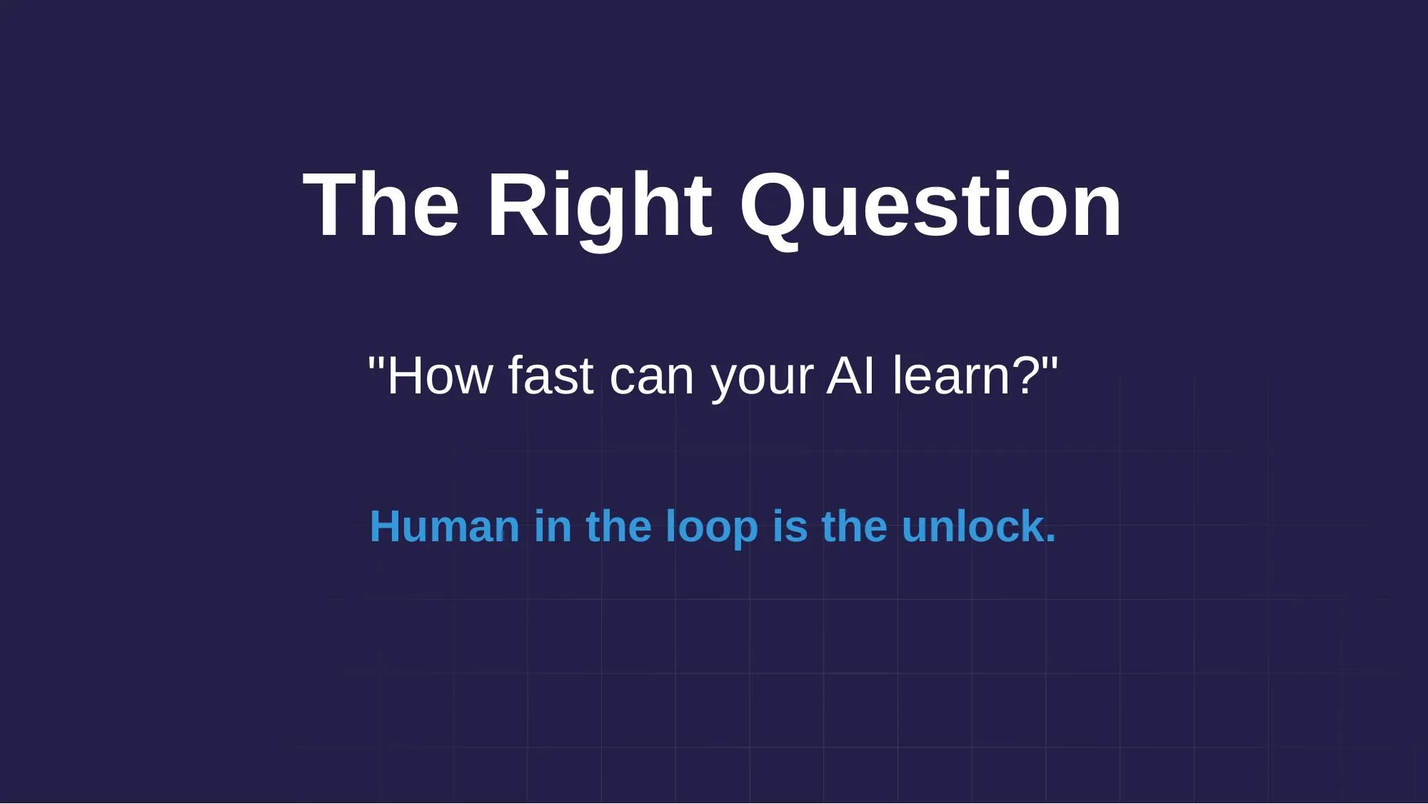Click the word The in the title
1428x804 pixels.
click(x=381, y=206)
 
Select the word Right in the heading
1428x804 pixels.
click(x=599, y=206)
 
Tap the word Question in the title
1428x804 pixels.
click(x=930, y=206)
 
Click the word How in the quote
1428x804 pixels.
click(x=438, y=376)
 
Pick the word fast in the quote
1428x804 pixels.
click(x=550, y=376)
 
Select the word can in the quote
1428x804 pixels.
click(x=651, y=377)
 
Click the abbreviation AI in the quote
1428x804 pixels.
click(x=850, y=376)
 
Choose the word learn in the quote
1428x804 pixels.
click(x=950, y=376)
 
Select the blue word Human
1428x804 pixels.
click(x=444, y=527)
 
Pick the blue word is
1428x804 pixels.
click(x=789, y=527)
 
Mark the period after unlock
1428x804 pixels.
click(x=1050, y=540)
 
